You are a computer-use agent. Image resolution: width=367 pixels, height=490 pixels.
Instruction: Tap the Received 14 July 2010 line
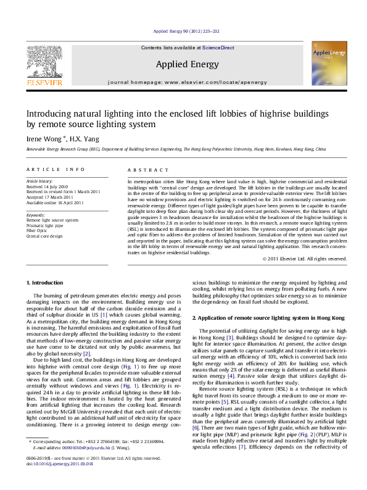point(47,186)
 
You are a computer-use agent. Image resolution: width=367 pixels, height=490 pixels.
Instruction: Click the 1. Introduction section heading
point(45,283)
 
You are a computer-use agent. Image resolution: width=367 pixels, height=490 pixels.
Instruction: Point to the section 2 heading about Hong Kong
point(260,317)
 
